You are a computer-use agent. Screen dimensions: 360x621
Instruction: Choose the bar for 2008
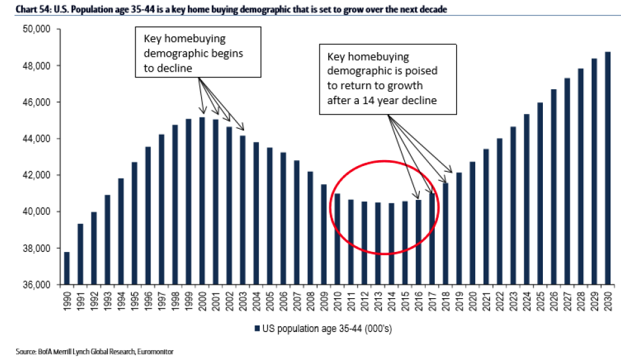click(310, 228)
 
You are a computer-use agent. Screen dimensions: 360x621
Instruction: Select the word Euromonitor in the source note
click(155, 352)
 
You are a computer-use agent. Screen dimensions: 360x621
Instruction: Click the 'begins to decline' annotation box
click(198, 53)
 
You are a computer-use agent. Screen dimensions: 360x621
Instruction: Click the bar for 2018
click(446, 234)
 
